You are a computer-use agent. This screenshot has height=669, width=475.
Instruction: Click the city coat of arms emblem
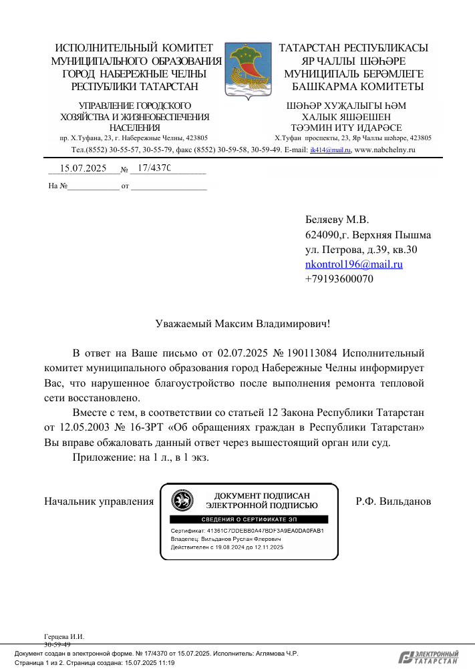pos(248,69)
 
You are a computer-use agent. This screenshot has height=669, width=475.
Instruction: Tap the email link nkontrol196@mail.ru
pos(353,264)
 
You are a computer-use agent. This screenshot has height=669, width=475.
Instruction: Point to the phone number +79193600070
pos(339,279)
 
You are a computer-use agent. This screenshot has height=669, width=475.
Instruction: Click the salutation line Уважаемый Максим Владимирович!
pos(243,324)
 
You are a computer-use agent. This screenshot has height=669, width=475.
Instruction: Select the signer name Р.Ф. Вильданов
pos(393,501)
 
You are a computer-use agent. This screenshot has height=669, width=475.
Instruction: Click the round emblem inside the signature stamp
pos(182,500)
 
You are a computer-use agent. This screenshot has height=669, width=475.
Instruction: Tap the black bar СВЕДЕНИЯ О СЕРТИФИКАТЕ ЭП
pos(249,519)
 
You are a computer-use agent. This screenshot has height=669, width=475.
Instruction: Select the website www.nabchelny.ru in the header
pos(385,150)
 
